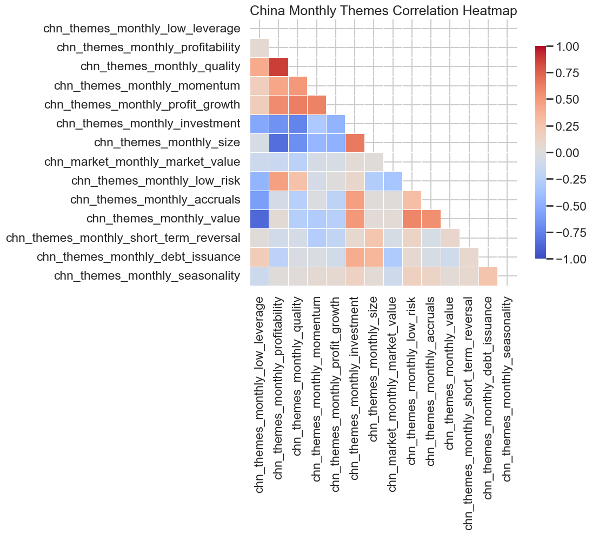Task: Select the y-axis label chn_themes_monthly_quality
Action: pos(160,66)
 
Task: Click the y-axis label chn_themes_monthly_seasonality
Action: pos(147,276)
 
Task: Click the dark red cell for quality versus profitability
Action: pos(278,66)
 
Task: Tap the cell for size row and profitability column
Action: pos(278,143)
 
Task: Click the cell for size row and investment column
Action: pos(355,143)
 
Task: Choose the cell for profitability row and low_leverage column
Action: pos(260,48)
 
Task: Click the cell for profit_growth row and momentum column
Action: pos(317,104)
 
